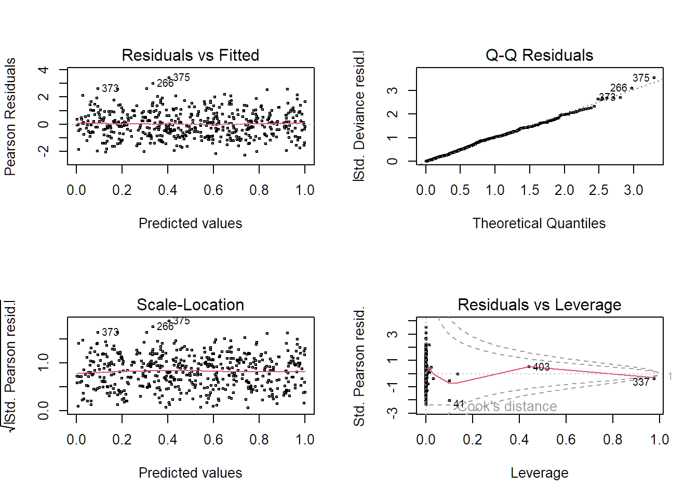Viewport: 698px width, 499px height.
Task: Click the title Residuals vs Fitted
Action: point(190,55)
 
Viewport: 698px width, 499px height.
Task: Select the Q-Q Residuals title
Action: point(539,55)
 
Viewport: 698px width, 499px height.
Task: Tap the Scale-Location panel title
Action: point(190,305)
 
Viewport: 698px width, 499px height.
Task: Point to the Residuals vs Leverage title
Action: point(539,305)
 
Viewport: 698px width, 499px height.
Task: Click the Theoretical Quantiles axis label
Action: point(539,224)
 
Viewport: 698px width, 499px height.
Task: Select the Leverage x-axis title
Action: point(539,473)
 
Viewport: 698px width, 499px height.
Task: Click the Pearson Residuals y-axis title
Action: point(10,117)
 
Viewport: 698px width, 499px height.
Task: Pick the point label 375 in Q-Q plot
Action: point(641,78)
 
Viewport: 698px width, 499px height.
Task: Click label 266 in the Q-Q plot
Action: point(619,88)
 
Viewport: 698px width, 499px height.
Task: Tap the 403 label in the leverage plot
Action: point(541,367)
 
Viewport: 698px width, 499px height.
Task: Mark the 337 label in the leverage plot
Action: point(641,382)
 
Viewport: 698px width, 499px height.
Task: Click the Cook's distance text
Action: point(507,406)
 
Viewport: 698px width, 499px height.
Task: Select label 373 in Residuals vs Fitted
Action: point(110,88)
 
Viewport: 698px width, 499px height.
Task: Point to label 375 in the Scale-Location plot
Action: point(181,321)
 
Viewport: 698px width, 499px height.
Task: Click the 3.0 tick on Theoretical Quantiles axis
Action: point(633,190)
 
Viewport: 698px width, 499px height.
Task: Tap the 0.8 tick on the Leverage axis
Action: point(613,440)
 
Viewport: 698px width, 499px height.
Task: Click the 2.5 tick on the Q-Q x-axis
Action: point(599,190)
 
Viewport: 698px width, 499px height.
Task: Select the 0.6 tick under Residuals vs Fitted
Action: point(213,190)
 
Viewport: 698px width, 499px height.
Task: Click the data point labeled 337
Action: point(654,378)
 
